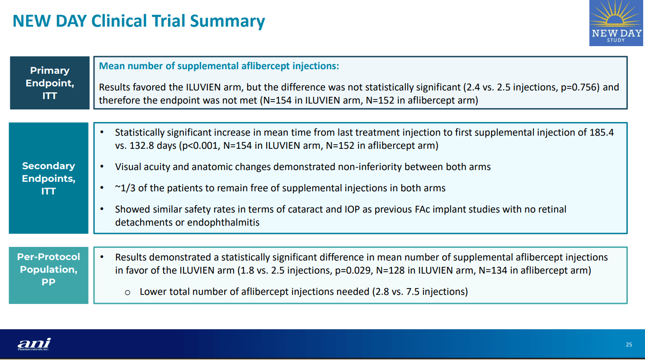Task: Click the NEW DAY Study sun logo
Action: coord(616,23)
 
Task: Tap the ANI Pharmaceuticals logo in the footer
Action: coord(34,344)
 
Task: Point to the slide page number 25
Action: coord(629,345)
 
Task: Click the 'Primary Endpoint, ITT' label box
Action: coord(50,83)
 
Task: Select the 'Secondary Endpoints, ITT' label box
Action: coord(49,178)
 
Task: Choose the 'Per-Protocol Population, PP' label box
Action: coord(49,269)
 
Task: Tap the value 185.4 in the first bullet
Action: coord(602,133)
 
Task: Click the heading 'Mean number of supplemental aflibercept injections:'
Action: coord(219,66)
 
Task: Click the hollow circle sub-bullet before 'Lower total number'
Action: coord(127,292)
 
